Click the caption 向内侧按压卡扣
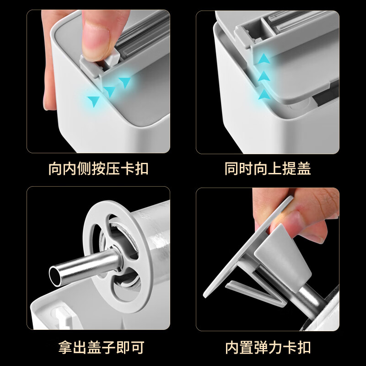tap(98, 169)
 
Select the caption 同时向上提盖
tap(268, 169)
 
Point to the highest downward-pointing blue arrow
tap(124, 82)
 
